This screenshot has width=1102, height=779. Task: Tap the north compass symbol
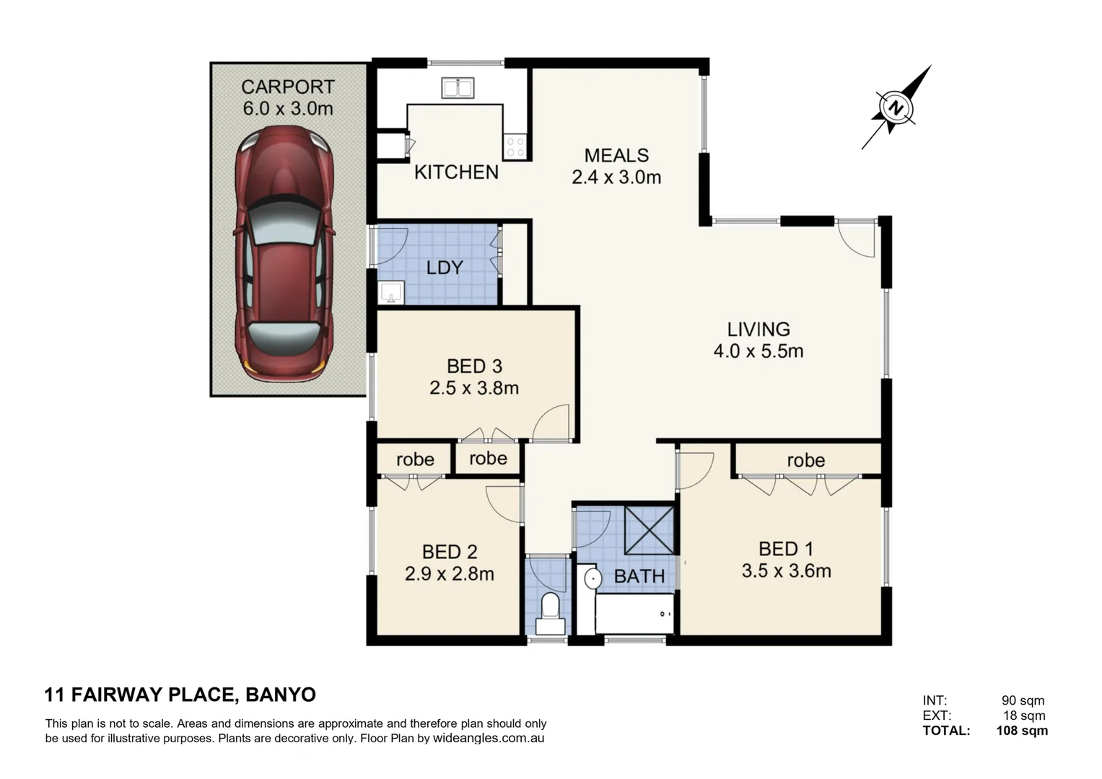896,108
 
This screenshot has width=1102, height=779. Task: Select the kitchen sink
458,88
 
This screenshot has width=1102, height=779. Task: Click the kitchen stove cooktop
515,146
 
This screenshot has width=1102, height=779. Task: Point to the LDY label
444,268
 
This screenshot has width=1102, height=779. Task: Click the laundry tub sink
391,293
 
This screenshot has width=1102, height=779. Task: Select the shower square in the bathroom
649,530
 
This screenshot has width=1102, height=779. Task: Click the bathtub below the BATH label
634,613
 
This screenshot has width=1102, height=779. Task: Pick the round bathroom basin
592,578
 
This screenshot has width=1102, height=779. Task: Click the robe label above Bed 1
805,459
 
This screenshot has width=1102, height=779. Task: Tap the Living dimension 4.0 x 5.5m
758,351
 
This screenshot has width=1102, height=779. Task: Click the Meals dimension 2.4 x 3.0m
616,177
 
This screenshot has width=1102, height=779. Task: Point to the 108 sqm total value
1021,731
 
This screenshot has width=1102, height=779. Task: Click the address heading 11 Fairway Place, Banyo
180,695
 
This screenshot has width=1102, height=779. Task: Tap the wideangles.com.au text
488,739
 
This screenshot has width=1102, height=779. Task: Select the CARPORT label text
287,87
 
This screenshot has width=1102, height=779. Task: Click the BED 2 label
449,552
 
